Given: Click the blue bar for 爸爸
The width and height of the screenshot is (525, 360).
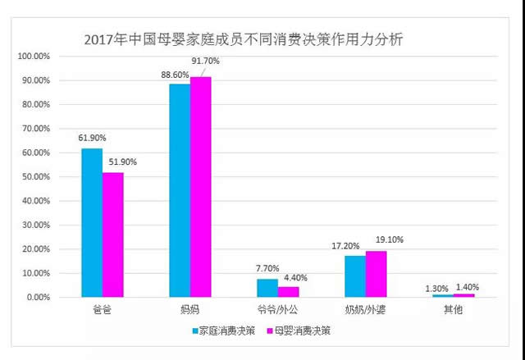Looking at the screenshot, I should [92, 222].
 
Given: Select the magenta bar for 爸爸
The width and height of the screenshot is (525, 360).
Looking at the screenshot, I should [112, 235].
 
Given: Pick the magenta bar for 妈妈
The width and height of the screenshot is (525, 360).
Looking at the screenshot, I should [200, 186].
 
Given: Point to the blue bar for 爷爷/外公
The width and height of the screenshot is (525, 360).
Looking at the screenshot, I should [267, 288].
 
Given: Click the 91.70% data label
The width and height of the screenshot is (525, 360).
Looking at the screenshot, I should [206, 61].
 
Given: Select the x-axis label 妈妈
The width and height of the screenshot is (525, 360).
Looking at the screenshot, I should [189, 311].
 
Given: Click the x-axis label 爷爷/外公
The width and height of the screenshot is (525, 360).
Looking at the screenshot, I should [277, 311].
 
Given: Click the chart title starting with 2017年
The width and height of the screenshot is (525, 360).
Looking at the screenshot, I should [244, 39].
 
